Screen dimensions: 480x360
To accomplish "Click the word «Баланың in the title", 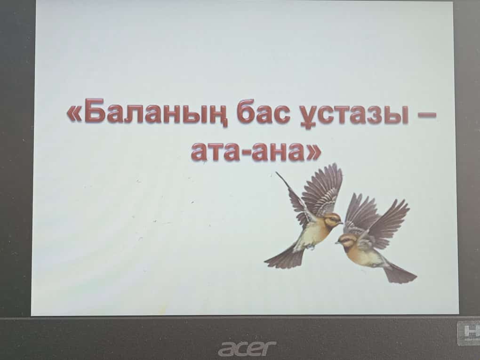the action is pos(147,112).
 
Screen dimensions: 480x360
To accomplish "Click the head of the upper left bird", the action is pos(332,219).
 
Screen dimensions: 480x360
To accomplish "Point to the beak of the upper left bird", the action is pos(341,223).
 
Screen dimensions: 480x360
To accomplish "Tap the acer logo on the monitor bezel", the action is pos(247,348).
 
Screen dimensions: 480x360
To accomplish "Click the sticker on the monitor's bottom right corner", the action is pos(468,333).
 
